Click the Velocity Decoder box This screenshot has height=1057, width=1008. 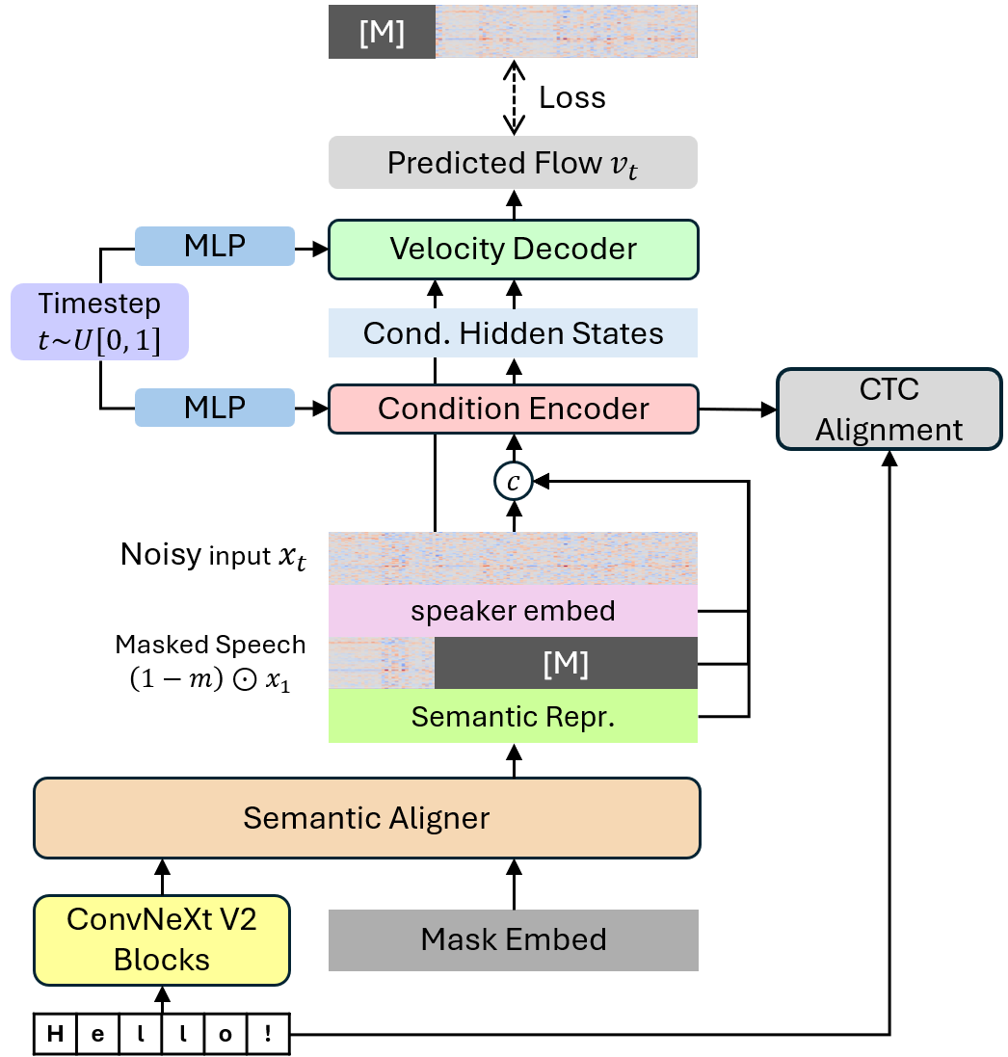tap(513, 249)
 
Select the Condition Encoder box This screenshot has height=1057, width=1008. tap(513, 409)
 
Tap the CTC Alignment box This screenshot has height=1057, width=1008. tap(889, 409)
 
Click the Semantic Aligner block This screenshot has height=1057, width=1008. tap(366, 818)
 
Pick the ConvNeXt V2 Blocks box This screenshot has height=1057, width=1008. tap(162, 940)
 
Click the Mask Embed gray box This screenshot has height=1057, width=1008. tap(513, 939)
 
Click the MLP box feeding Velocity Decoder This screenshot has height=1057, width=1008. tap(214, 247)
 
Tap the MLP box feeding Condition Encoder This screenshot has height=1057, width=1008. tap(214, 408)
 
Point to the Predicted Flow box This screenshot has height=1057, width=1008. tap(513, 163)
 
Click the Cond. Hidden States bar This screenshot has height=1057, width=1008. tap(513, 333)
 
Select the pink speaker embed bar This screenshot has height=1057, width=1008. tap(513, 611)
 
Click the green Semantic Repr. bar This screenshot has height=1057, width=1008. tap(513, 717)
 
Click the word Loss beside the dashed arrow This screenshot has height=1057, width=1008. tap(571, 97)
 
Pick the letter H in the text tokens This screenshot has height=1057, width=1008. tap(56, 1036)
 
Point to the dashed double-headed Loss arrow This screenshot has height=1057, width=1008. tap(514, 97)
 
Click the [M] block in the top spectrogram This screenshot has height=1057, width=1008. tap(382, 34)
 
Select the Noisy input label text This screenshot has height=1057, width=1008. tap(213, 556)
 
